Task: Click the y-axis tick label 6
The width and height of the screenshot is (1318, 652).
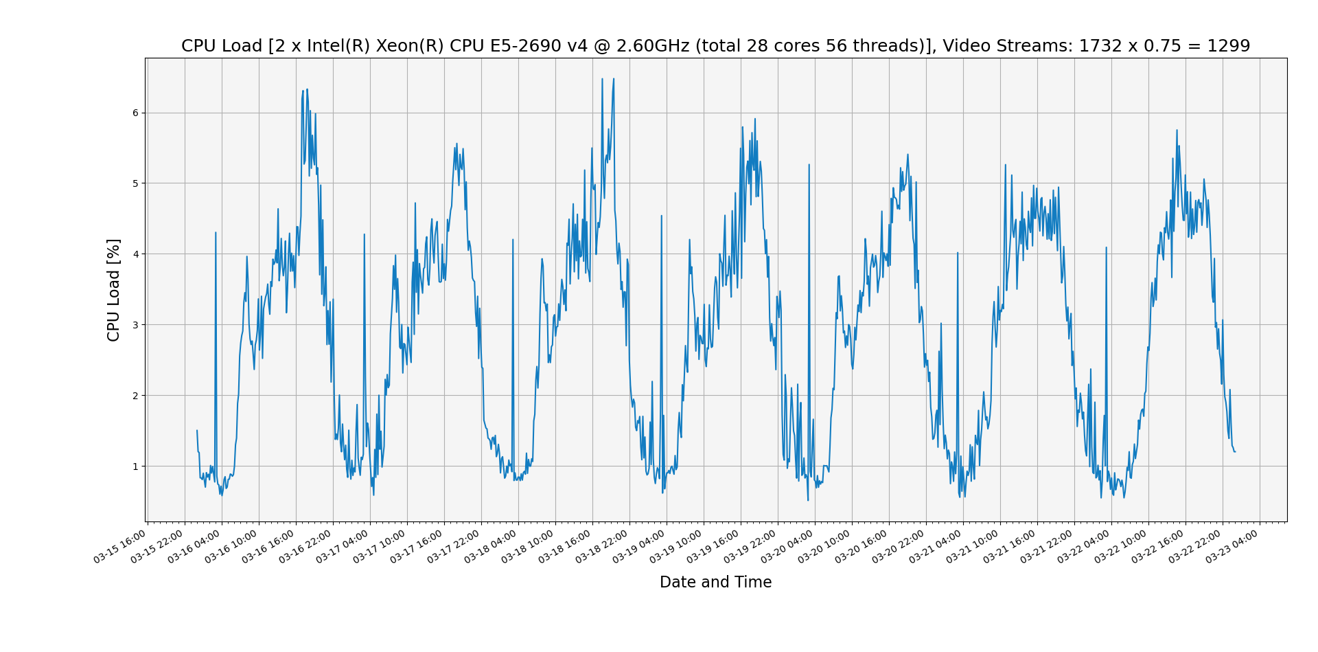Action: pyautogui.click(x=135, y=113)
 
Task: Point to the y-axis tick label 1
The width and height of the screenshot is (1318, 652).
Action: pyautogui.click(x=135, y=466)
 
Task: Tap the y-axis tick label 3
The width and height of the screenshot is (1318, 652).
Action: pyautogui.click(x=135, y=325)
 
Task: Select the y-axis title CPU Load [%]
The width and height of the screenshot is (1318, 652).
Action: pyautogui.click(x=114, y=290)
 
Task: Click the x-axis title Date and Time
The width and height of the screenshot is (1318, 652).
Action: pyautogui.click(x=715, y=583)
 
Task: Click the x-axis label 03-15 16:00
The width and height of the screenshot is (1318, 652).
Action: pyautogui.click(x=122, y=546)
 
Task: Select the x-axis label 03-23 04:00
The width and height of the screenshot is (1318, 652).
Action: pyautogui.click(x=1234, y=546)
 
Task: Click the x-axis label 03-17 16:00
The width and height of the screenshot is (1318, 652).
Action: pyautogui.click(x=418, y=546)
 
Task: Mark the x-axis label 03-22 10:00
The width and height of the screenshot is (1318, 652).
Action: pyautogui.click(x=1122, y=546)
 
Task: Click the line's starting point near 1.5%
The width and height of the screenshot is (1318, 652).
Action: pyautogui.click(x=197, y=431)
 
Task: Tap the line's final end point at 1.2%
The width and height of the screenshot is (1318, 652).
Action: pyautogui.click(x=1235, y=451)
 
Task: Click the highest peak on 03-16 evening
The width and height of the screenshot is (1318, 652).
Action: pyautogui.click(x=307, y=89)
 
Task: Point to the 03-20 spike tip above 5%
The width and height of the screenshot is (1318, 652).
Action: pyautogui.click(x=809, y=165)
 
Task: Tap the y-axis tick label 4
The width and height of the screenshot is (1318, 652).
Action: pyautogui.click(x=135, y=254)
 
